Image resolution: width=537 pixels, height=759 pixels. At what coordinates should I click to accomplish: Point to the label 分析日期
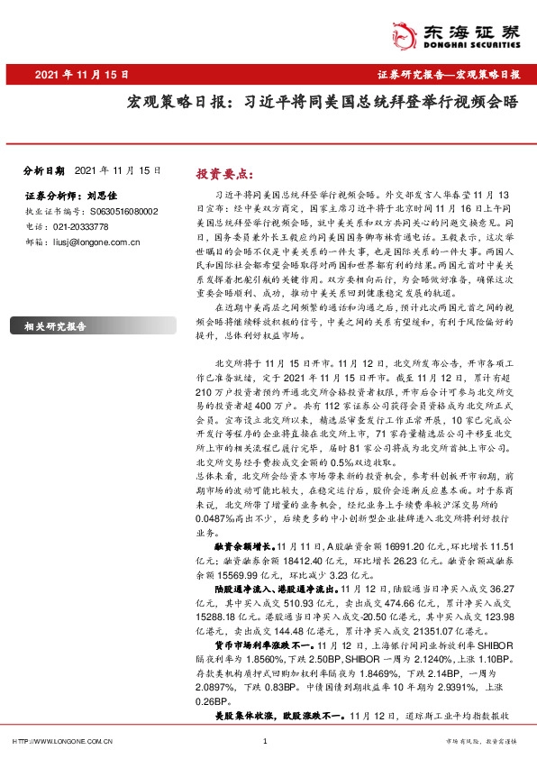click(x=44, y=169)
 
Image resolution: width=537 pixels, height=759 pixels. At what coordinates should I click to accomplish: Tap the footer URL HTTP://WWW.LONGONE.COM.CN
click(x=59, y=742)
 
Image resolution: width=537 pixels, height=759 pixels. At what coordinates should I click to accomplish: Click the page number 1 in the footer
click(x=264, y=742)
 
